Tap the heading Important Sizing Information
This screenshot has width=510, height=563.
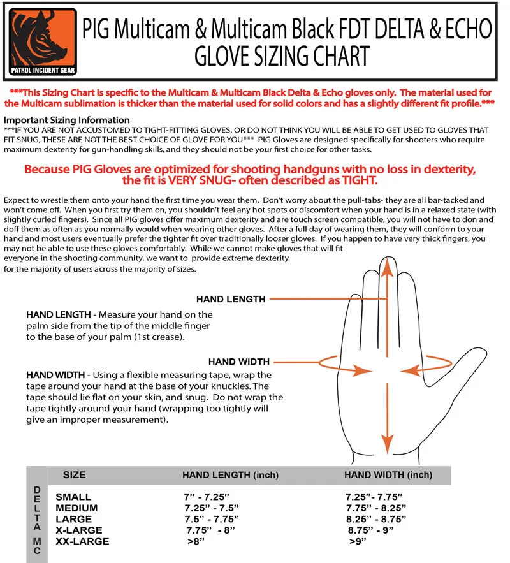click(x=67, y=120)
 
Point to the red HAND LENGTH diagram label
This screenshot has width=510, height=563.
click(x=231, y=298)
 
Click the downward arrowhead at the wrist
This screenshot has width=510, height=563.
click(x=386, y=444)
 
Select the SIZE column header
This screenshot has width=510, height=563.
click(x=75, y=475)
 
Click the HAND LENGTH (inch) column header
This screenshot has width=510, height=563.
click(x=221, y=475)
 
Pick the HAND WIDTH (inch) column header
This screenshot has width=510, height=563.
click(x=388, y=475)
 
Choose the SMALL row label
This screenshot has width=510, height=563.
click(x=73, y=496)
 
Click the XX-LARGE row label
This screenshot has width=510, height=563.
click(x=82, y=541)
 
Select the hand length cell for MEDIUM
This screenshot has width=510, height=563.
click(x=211, y=508)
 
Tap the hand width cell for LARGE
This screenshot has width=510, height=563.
click(x=376, y=519)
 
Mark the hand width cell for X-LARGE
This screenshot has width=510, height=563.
click(x=371, y=530)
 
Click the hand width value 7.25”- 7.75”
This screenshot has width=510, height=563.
click(x=374, y=496)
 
